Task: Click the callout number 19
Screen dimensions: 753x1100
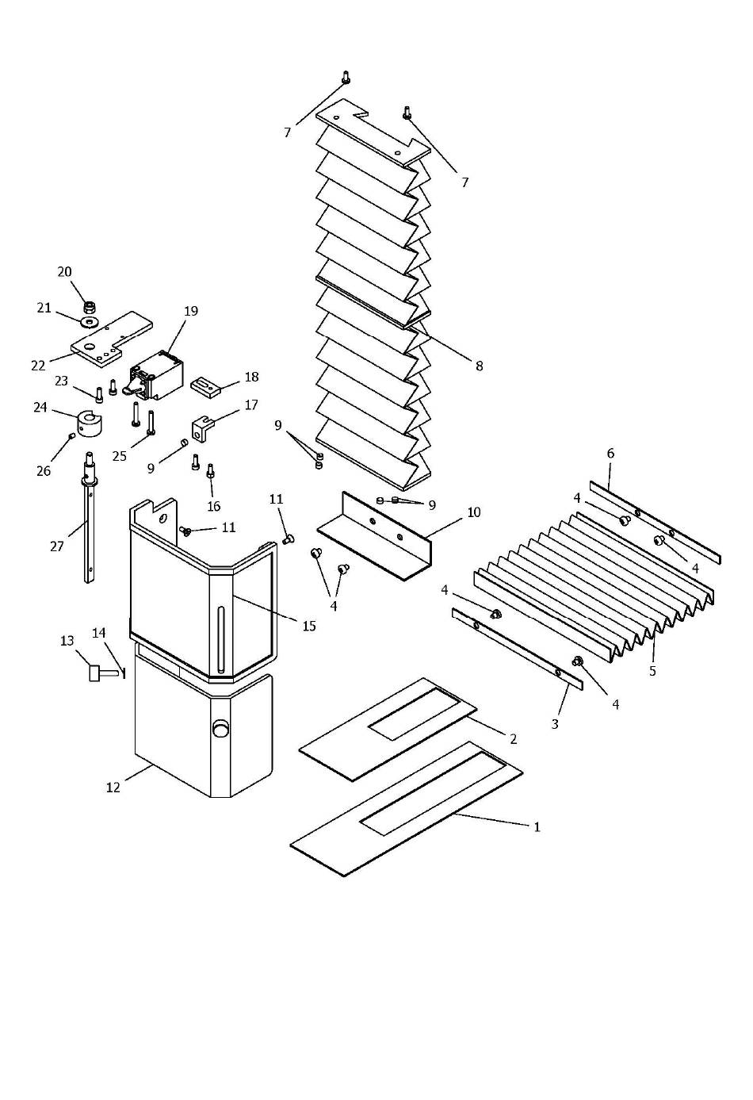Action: pos(191,311)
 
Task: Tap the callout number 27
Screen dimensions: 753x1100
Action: pos(57,546)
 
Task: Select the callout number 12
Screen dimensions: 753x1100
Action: pos(113,788)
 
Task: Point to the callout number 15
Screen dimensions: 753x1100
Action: pos(309,626)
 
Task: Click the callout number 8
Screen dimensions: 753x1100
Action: pos(479,366)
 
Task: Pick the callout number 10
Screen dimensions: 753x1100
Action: pos(474,512)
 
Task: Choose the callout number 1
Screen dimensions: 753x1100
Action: pos(537,827)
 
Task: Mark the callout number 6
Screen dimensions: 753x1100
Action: pos(610,454)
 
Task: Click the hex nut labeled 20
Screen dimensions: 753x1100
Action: pos(90,308)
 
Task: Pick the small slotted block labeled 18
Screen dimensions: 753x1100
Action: pos(204,385)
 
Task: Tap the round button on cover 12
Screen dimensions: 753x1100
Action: pos(220,728)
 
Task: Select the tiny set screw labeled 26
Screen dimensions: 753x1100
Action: pos(71,435)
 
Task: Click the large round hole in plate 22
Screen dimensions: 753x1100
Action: pos(90,347)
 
